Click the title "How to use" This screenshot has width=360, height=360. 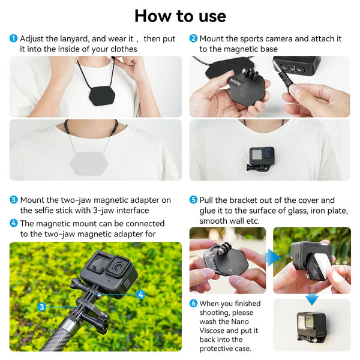(x=180, y=16)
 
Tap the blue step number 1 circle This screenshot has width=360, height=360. (x=13, y=39)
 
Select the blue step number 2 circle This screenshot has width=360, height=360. (x=193, y=39)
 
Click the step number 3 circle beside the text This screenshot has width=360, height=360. (x=13, y=200)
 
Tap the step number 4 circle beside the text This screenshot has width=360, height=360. (x=13, y=223)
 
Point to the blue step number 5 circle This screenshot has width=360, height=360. (x=193, y=200)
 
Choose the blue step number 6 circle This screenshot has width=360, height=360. (x=193, y=303)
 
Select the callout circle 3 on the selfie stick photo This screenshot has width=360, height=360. (x=41, y=307)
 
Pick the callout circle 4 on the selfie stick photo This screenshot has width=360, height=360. (x=140, y=295)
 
